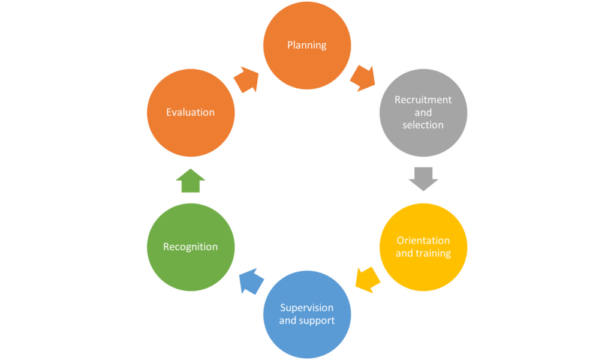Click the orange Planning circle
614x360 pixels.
pos(307,46)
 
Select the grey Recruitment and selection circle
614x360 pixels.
pos(423,113)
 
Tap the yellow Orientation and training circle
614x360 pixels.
pos(423,247)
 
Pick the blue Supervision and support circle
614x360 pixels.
pos(307,314)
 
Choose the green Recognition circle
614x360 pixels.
pos(191,247)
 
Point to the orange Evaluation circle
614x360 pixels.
pos(191,113)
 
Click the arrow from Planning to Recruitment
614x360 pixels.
pos(362,78)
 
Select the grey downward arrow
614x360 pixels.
pos(423,178)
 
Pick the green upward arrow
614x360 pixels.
pos(191,181)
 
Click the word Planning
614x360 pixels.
pos(307,45)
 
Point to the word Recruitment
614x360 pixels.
pos(423,100)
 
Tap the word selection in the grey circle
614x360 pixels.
pos(423,125)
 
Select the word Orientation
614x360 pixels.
pos(423,241)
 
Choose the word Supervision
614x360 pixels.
pos(307,308)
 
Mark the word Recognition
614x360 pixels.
pos(191,247)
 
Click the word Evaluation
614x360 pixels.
pos(191,112)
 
